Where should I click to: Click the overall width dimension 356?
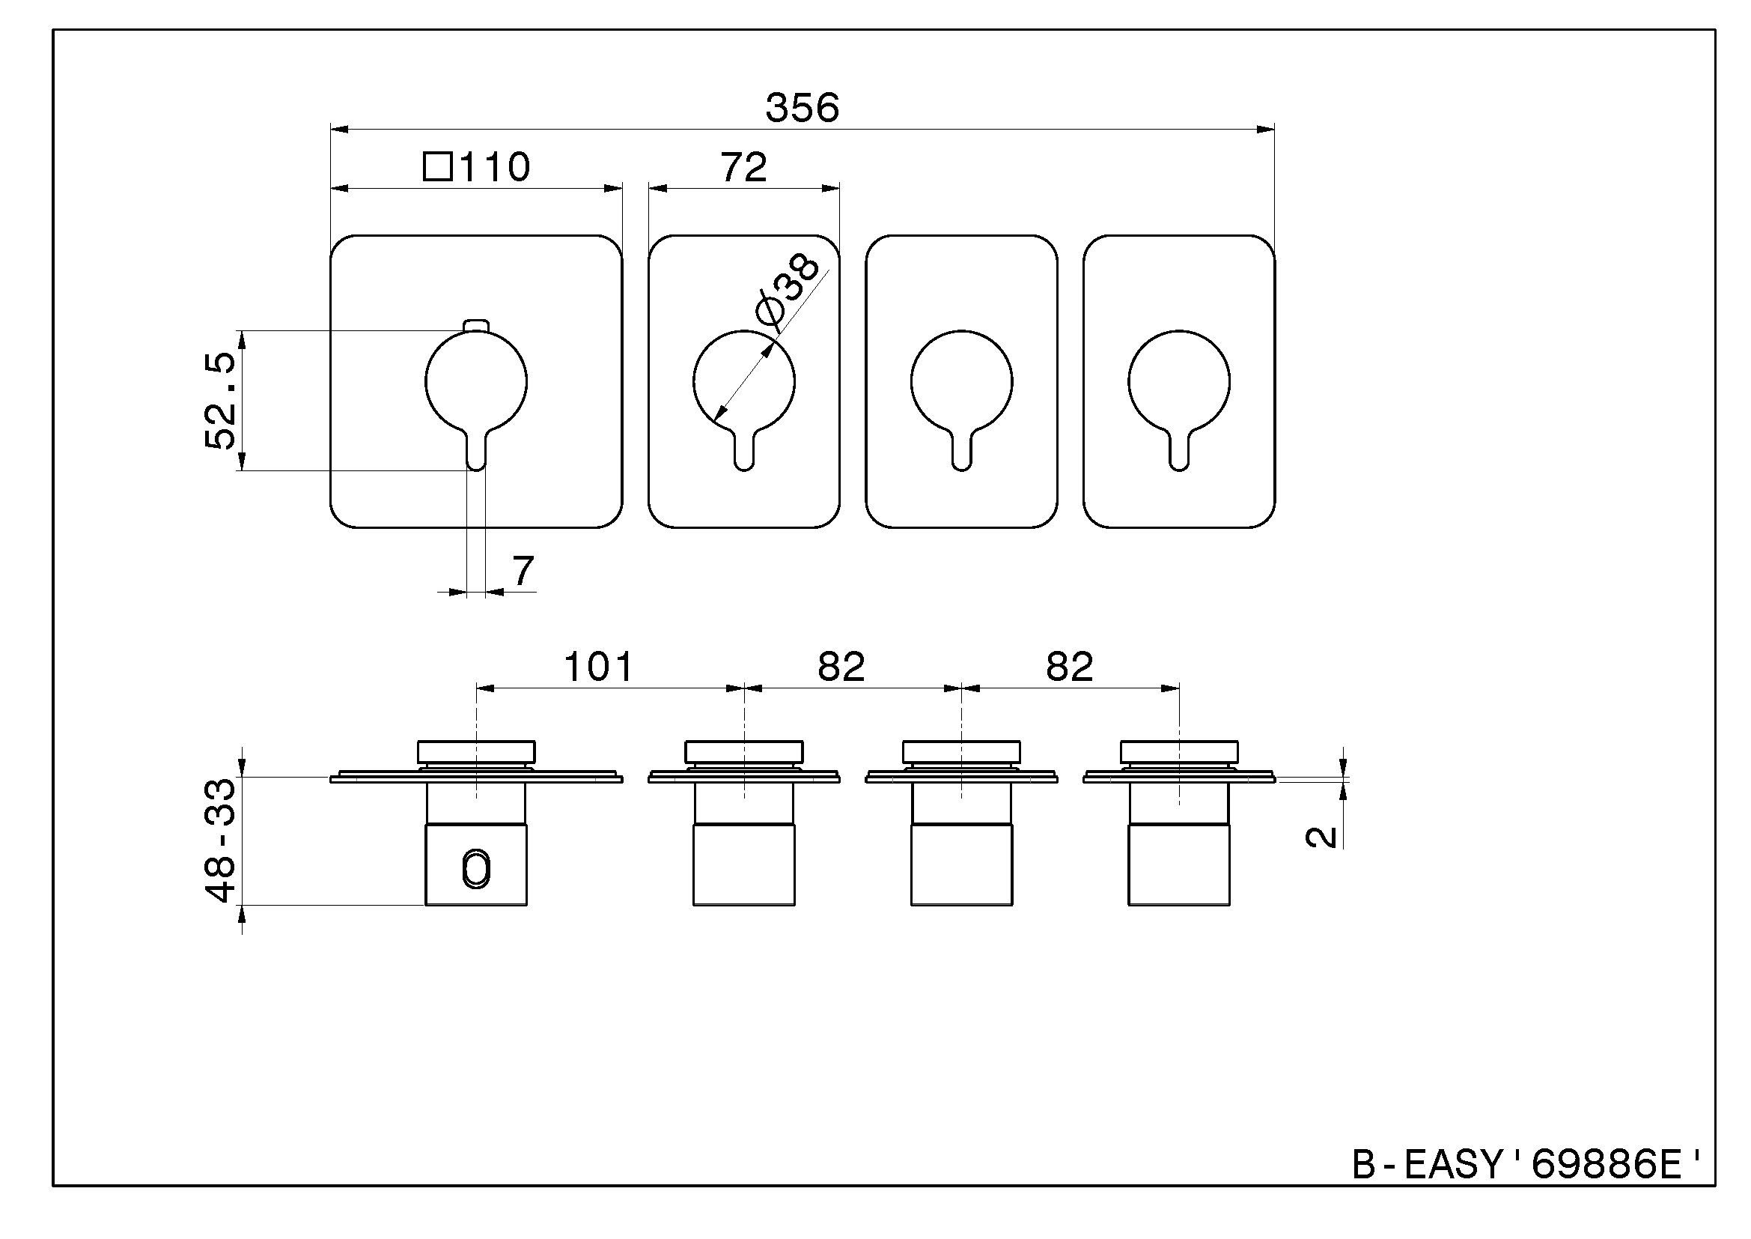point(802,108)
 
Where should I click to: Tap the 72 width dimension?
point(743,167)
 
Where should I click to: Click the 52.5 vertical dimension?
point(221,402)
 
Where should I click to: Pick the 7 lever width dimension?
point(523,571)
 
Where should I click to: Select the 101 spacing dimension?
point(598,666)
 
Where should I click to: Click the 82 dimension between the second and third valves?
point(841,666)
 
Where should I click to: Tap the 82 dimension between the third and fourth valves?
point(1069,666)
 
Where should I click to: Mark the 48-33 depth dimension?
point(221,840)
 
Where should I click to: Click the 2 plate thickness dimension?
point(1322,837)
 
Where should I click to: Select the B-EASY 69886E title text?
point(1526,1164)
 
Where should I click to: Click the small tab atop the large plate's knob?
point(475,326)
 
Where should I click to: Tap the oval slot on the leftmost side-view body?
point(477,870)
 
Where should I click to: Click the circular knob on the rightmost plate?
point(1178,381)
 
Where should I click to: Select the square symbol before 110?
point(438,166)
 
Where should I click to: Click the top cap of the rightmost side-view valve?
point(1178,751)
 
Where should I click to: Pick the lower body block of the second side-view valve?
point(743,865)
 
